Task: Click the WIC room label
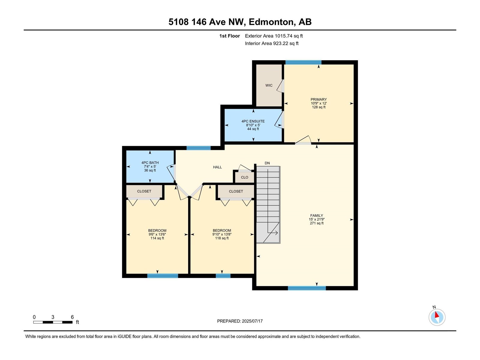click(x=269, y=85)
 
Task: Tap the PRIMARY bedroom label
click(x=319, y=100)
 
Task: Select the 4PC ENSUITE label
click(x=253, y=121)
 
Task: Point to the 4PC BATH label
click(x=150, y=163)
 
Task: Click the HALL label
click(x=217, y=167)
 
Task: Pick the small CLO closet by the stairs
click(x=244, y=177)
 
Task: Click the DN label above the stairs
click(x=267, y=163)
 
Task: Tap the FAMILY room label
click(x=316, y=215)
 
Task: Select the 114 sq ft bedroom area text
click(x=157, y=238)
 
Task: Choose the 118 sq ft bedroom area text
click(x=222, y=238)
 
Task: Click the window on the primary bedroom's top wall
click(x=303, y=62)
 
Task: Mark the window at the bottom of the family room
click(x=307, y=288)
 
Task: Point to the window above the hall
click(x=199, y=148)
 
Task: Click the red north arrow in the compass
click(x=436, y=315)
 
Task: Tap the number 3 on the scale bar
click(x=53, y=317)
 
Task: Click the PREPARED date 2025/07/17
click(x=252, y=321)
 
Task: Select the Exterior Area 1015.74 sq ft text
click(x=274, y=36)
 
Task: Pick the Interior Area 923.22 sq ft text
click(x=271, y=43)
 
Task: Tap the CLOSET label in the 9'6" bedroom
click(x=144, y=191)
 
